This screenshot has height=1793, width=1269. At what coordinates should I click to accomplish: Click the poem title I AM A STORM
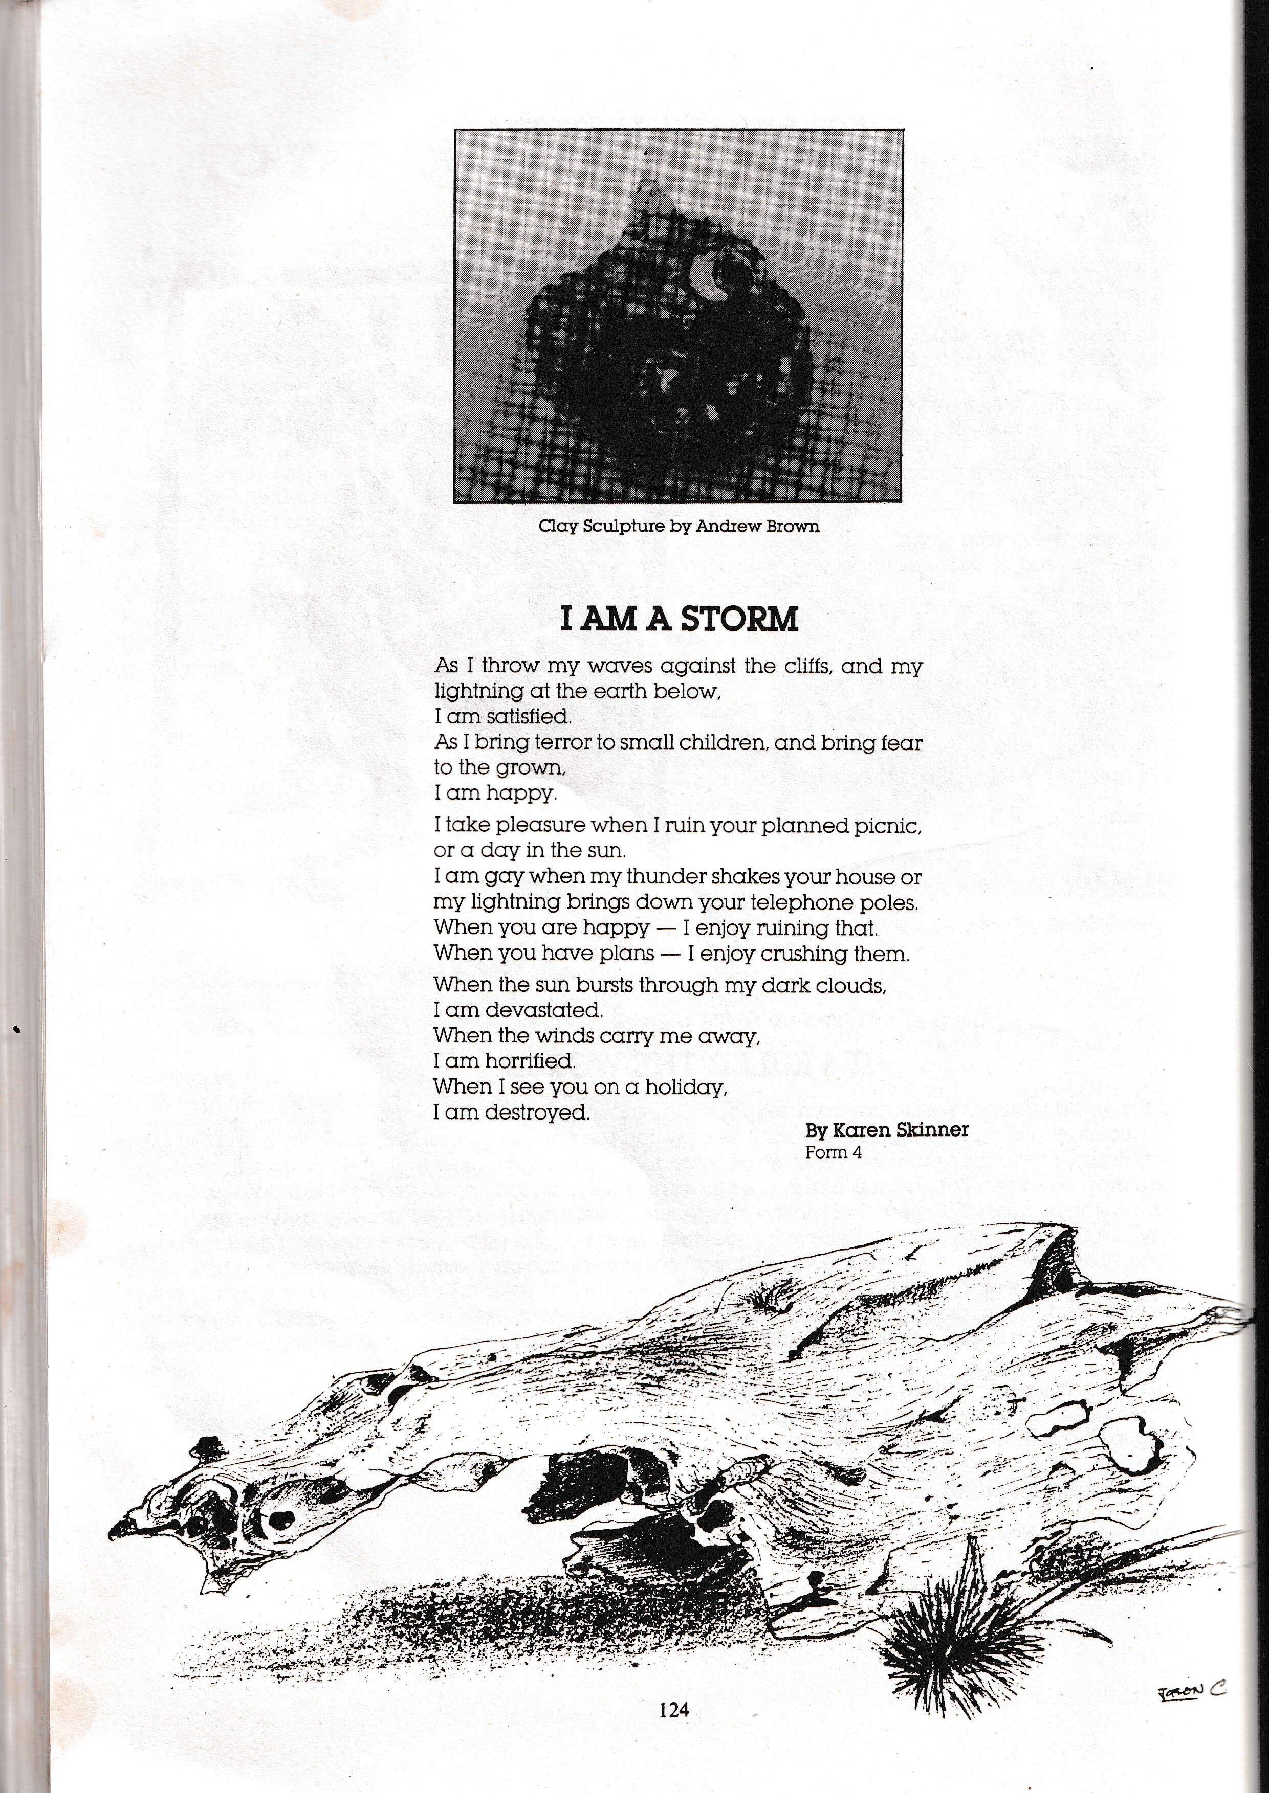click(679, 619)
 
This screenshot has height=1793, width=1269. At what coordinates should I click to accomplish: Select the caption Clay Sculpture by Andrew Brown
click(679, 526)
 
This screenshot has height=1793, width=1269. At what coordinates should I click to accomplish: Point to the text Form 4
click(834, 1152)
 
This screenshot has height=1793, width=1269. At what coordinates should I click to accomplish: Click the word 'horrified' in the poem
click(531, 1061)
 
